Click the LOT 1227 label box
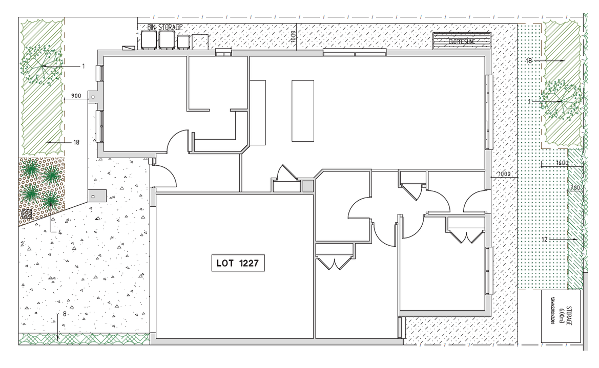pos(238,264)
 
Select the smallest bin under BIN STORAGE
pos(183,41)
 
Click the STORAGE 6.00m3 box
pos(561,316)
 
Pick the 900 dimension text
pos(76,95)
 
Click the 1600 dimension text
pos(563,163)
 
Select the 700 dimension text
pos(575,188)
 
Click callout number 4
pos(60,232)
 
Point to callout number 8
pos(65,314)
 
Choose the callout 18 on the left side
pos(76,142)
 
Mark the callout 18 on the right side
pos(529,60)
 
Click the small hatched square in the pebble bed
pos(27,212)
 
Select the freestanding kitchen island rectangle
pos(303,110)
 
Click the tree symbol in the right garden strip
pos(562,100)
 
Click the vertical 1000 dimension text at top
pos(293,37)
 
